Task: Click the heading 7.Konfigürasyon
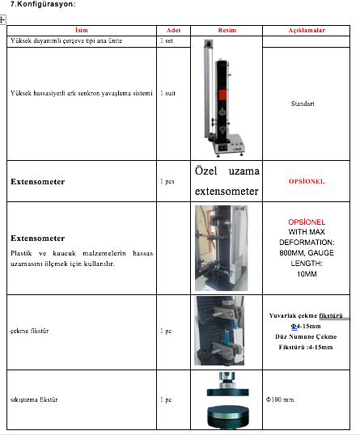point(43,4)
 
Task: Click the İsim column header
point(82,30)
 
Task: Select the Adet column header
point(173,30)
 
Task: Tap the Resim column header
point(227,30)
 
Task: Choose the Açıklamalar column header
point(307,30)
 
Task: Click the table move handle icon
point(2,20)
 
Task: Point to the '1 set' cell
point(167,40)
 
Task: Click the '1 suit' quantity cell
point(167,93)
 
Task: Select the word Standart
point(303,103)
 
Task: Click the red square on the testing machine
point(222,95)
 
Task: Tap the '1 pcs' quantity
point(167,181)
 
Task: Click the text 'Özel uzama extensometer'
point(227,181)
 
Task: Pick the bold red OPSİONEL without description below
point(307,181)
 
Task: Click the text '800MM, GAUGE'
point(307,253)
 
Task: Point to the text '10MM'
point(307,274)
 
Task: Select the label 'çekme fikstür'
point(29,331)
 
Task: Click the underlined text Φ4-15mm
point(306,327)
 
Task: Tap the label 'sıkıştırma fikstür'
point(34,399)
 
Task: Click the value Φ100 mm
point(280,399)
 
